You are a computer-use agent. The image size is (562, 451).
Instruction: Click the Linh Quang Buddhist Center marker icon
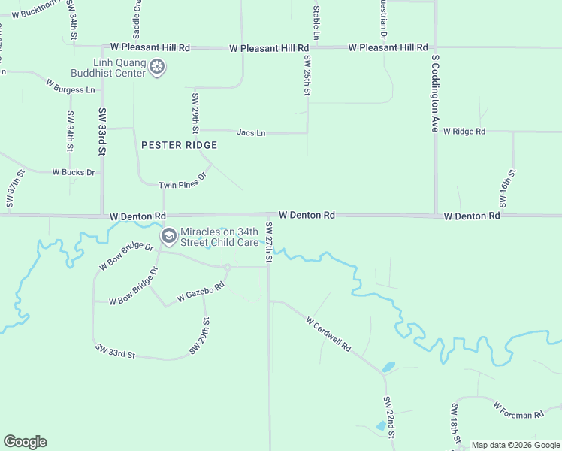pyautogui.click(x=157, y=68)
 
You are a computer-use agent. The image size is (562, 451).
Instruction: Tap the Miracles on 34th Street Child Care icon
pyautogui.click(x=169, y=237)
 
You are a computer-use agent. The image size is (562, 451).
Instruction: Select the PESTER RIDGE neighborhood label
pyautogui.click(x=180, y=145)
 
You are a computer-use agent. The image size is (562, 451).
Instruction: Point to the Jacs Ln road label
pyautogui.click(x=251, y=133)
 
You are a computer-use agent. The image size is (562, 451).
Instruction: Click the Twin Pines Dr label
pyautogui.click(x=182, y=181)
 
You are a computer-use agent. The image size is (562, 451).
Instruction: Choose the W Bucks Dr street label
pyautogui.click(x=74, y=172)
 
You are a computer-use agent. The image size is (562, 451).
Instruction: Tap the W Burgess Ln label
pyautogui.click(x=71, y=86)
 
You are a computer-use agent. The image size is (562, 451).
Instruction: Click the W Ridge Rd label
pyautogui.click(x=464, y=132)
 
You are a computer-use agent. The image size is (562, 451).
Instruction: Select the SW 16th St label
pyautogui.click(x=508, y=189)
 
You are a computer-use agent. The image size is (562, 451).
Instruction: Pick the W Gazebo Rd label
pyautogui.click(x=201, y=293)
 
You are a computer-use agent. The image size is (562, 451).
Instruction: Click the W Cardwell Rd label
pyautogui.click(x=329, y=334)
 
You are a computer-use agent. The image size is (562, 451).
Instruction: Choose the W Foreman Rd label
pyautogui.click(x=518, y=410)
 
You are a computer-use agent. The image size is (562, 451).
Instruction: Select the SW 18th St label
pyautogui.click(x=455, y=425)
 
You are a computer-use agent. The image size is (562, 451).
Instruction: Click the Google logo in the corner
pyautogui.click(x=25, y=442)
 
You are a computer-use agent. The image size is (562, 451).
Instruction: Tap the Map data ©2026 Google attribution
pyautogui.click(x=515, y=445)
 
